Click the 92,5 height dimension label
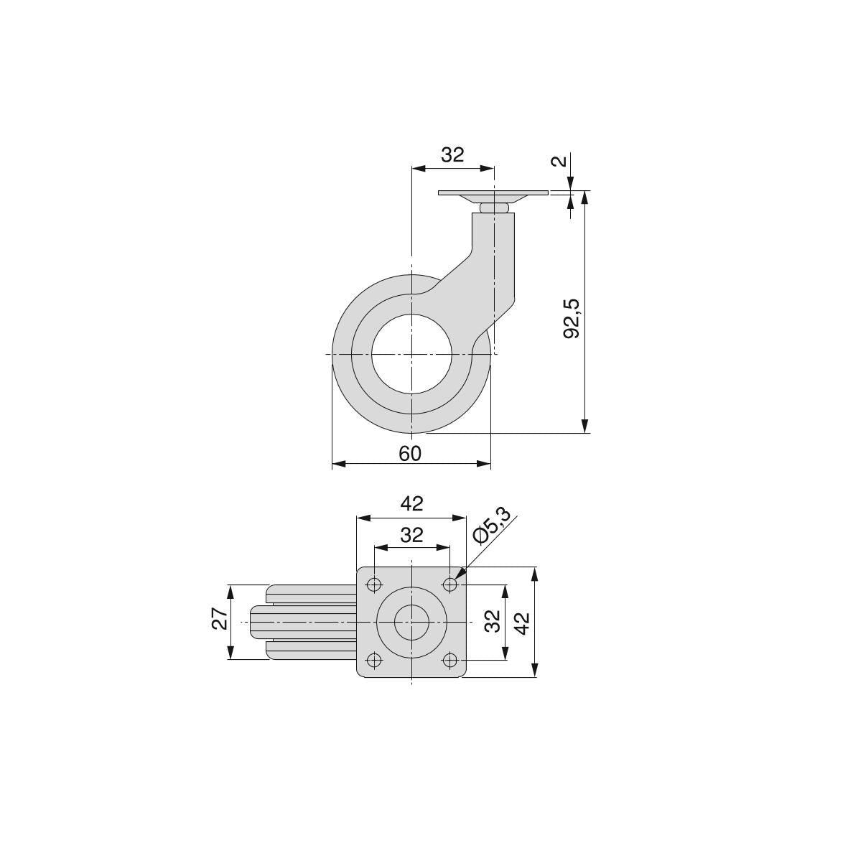(x=571, y=319)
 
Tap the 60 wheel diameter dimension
(x=410, y=454)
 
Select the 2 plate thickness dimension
(x=561, y=161)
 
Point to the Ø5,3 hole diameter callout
(x=492, y=525)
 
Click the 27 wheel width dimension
(x=220, y=618)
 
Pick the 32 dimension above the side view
(x=452, y=155)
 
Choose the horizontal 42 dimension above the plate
(x=411, y=504)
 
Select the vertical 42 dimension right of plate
(x=521, y=623)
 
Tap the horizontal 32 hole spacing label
(x=411, y=536)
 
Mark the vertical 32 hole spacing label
(x=492, y=621)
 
